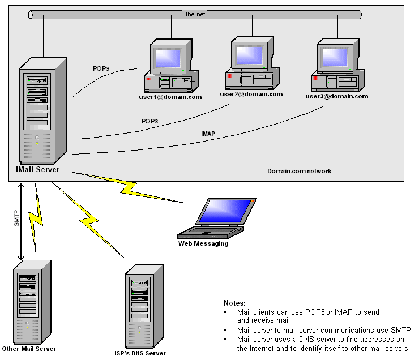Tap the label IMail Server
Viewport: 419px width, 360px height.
point(38,169)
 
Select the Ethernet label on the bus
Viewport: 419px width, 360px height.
point(194,14)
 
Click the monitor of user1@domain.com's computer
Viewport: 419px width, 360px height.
point(170,59)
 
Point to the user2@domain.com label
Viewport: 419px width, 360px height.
point(251,94)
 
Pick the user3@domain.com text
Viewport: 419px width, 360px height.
point(337,96)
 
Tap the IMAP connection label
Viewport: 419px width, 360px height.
point(208,134)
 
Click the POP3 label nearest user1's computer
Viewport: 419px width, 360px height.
point(101,68)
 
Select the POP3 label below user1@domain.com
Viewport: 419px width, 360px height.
point(149,121)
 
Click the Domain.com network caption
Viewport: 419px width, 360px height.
point(300,171)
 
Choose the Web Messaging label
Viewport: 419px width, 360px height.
point(203,243)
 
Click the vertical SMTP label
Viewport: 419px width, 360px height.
point(16,218)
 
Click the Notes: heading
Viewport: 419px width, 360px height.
point(234,303)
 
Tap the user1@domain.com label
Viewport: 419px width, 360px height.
point(170,97)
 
